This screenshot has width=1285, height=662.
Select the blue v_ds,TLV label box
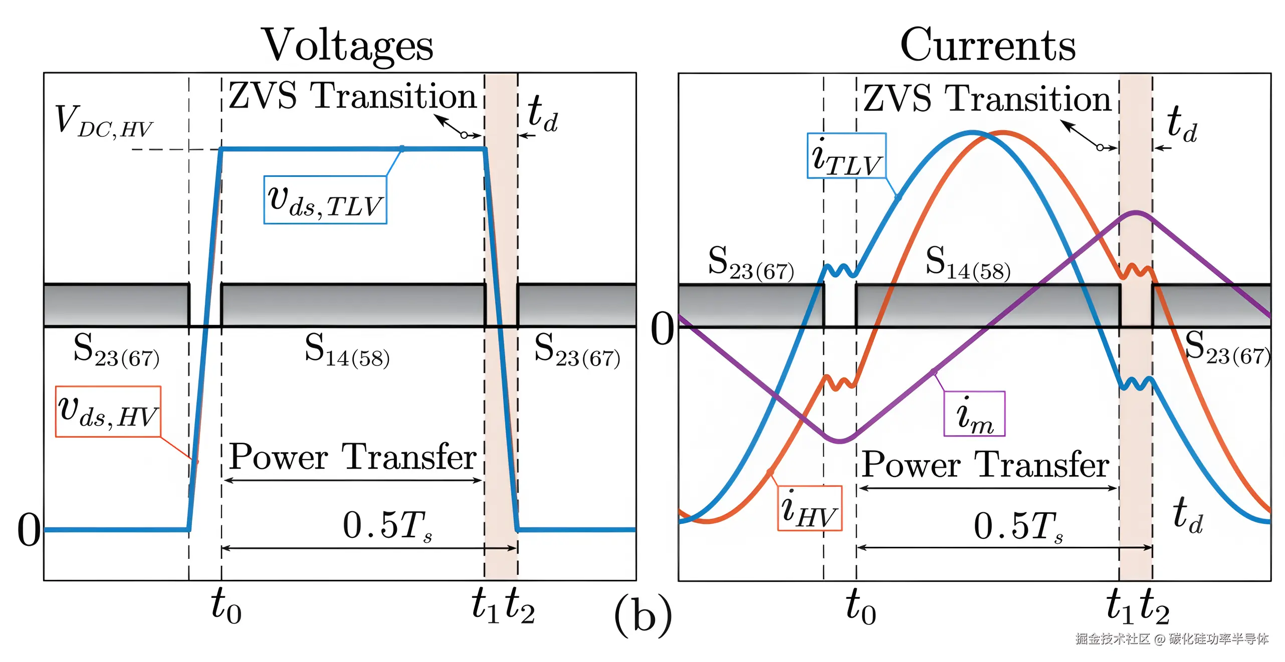pyautogui.click(x=325, y=200)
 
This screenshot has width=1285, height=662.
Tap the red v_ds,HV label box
pyautogui.click(x=108, y=412)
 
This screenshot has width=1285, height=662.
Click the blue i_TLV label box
pyautogui.click(x=846, y=156)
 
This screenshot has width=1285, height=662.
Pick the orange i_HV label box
pyautogui.click(x=809, y=508)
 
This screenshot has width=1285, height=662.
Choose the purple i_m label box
pyautogui.click(x=974, y=414)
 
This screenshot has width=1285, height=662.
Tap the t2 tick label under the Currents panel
pyautogui.click(x=1155, y=606)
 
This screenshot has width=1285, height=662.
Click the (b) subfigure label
pyautogui.click(x=643, y=615)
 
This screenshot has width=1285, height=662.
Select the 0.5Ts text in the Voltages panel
pyautogui.click(x=387, y=525)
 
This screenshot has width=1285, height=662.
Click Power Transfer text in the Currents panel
pyautogui.click(x=986, y=464)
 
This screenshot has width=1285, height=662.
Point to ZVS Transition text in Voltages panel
pyautogui.click(x=352, y=96)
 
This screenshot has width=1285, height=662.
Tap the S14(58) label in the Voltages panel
pyautogui.click(x=347, y=350)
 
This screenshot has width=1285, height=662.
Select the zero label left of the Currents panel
pyautogui.click(x=662, y=329)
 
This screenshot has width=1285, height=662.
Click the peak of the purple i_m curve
pyautogui.click(x=1136, y=213)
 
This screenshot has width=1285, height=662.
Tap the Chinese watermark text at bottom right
pyautogui.click(x=1172, y=639)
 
